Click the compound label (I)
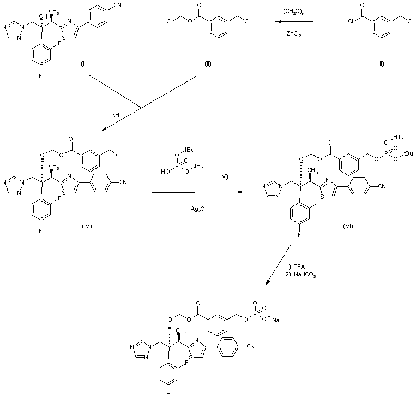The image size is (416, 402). pos(85,64)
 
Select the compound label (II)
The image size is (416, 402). pos(208,64)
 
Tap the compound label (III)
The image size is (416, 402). pos(381,64)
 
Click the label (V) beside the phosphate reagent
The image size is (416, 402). pos(223,178)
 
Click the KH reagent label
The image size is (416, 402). pos(116,116)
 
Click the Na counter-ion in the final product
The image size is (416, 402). pos(277,320)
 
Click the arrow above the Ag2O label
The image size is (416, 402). pos(196,192)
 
